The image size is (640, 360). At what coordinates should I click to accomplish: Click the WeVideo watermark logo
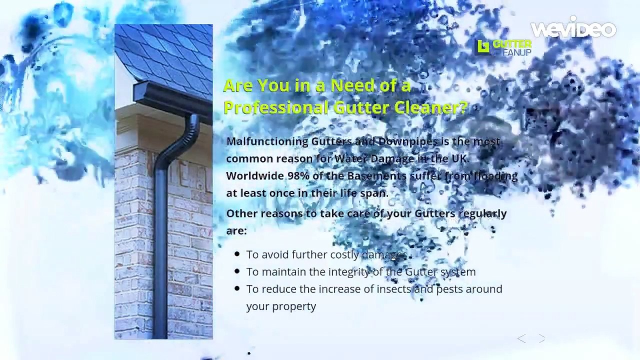click(573, 29)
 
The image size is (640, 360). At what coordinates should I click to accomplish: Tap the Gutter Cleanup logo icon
click(483, 46)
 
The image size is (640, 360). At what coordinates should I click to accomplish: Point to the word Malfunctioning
click(267, 141)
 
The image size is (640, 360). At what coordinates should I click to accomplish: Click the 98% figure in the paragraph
click(298, 176)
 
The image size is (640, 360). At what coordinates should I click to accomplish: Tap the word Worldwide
click(254, 176)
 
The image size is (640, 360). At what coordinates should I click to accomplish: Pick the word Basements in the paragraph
click(376, 176)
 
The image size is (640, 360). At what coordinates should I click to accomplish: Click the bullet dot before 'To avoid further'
click(237, 254)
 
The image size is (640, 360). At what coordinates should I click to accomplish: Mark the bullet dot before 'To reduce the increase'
click(237, 289)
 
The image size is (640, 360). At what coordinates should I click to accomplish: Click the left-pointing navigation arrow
click(521, 339)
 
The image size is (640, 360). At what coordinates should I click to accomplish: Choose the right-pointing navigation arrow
click(542, 339)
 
